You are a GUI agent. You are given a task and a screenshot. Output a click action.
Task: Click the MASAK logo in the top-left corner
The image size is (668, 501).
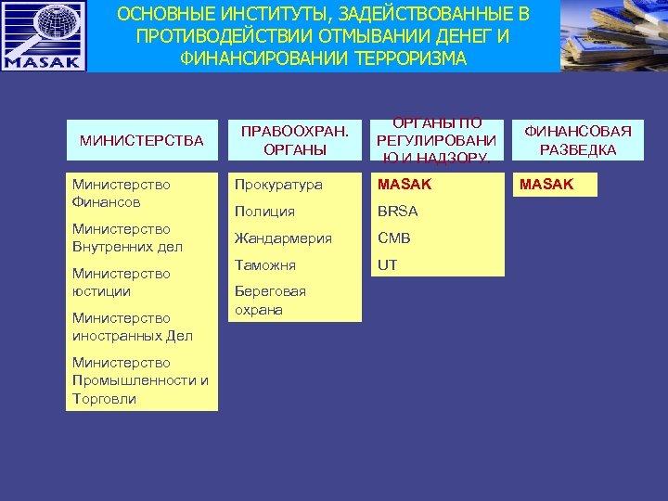point(44,36)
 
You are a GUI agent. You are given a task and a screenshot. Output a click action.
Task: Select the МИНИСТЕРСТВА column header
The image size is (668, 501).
point(141,141)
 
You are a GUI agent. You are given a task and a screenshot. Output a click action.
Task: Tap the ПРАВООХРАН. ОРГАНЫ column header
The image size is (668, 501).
point(294,141)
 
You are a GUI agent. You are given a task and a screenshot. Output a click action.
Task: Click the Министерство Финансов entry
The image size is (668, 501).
point(121,193)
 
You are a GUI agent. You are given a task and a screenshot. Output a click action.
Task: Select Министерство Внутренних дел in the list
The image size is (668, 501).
point(127,238)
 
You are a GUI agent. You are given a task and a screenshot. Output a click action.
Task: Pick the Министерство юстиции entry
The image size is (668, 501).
point(121,282)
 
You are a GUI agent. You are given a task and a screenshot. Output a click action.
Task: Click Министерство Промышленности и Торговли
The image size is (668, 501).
point(139,380)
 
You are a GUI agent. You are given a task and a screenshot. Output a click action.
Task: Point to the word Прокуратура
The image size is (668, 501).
point(278,185)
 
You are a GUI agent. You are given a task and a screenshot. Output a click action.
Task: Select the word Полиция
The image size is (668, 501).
point(264,212)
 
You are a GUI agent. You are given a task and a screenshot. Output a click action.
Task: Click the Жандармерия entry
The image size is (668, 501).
point(283,238)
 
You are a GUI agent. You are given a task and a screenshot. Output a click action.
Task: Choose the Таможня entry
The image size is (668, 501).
point(265,265)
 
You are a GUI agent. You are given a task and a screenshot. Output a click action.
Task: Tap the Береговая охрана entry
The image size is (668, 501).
point(270,301)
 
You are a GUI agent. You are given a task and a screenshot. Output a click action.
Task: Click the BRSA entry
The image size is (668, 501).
point(397,212)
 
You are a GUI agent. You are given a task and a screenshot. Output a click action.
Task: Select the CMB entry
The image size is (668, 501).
point(393,238)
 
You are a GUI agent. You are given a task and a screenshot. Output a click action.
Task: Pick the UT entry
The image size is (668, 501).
point(387,265)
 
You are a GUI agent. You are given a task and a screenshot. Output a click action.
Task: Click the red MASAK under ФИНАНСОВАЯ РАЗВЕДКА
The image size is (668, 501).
point(546,185)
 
